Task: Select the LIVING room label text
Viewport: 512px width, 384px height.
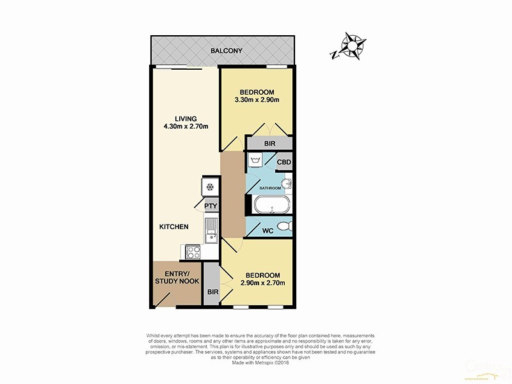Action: pyautogui.click(x=186, y=118)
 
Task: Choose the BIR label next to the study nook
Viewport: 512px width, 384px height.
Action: pyautogui.click(x=213, y=292)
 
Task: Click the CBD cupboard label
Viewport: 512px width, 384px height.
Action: pyautogui.click(x=284, y=163)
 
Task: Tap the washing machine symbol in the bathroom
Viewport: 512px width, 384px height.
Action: pyautogui.click(x=257, y=159)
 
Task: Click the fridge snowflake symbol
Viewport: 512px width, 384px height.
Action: pyautogui.click(x=209, y=187)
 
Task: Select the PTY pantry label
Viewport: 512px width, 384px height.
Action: pyautogui.click(x=211, y=206)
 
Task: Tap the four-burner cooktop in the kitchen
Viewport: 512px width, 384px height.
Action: pyautogui.click(x=192, y=252)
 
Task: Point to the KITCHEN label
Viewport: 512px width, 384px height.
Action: pyautogui.click(x=173, y=227)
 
